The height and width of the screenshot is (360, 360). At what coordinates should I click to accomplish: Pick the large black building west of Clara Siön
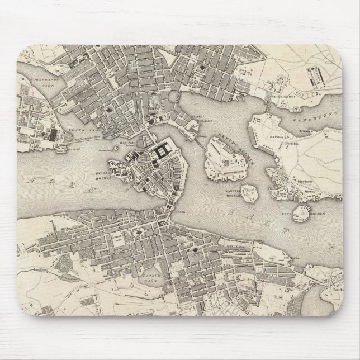53,135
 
